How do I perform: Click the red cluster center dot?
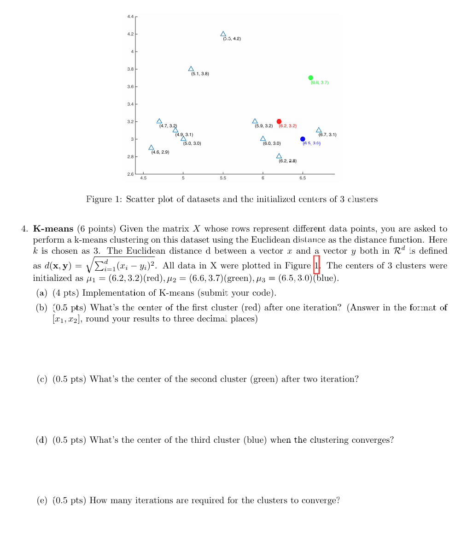(279, 121)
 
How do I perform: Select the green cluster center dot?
(311, 77)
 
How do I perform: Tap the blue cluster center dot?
(303, 139)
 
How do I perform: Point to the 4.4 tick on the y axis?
(130, 17)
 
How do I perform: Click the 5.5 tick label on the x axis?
(223, 178)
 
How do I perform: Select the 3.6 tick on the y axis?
(130, 87)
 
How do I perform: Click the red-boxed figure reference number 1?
(316, 265)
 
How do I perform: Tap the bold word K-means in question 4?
(53, 229)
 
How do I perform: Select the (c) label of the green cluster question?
(42, 379)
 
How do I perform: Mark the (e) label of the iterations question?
(42, 500)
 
